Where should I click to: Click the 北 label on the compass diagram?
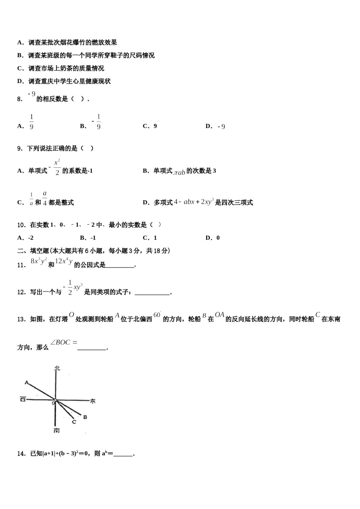(x=57, y=368)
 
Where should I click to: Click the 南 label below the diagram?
(x=56, y=431)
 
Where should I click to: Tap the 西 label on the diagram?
(x=23, y=399)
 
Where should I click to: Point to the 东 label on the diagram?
(x=92, y=401)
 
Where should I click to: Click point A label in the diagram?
(x=26, y=383)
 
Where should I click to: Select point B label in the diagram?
(x=85, y=417)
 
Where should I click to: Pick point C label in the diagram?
(x=74, y=422)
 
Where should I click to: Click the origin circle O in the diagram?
(x=55, y=400)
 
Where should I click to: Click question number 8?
(x=20, y=99)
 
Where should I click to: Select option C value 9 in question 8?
(x=155, y=126)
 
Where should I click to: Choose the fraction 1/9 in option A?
(x=31, y=122)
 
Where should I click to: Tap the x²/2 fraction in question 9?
(x=57, y=167)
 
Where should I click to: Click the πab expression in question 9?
(x=180, y=172)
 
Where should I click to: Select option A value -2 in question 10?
(x=30, y=238)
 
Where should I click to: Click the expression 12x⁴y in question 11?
(x=64, y=261)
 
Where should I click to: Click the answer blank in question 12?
(x=152, y=292)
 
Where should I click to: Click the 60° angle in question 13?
(x=157, y=315)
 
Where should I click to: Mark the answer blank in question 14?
(x=123, y=454)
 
